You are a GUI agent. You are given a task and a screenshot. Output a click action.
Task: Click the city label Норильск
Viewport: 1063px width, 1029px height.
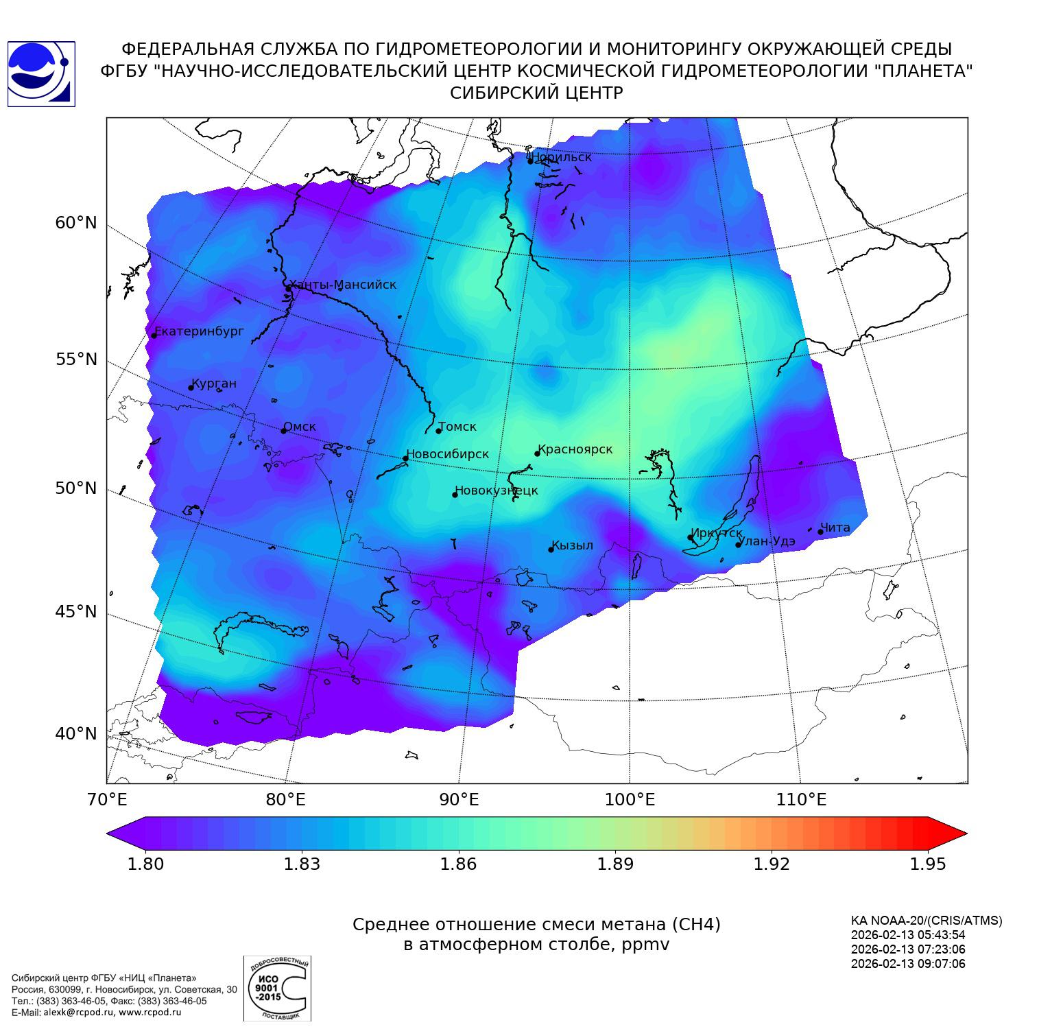562,157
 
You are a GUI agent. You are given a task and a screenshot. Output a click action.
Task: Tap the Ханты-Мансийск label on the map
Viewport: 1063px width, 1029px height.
343,285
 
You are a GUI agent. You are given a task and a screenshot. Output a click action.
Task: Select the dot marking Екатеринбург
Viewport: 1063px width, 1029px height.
154,335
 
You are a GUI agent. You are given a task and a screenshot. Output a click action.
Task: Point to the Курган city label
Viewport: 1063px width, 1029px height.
214,383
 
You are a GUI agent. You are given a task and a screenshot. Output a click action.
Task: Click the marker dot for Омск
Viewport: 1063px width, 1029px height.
283,431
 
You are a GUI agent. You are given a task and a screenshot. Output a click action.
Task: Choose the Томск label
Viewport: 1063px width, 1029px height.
457,427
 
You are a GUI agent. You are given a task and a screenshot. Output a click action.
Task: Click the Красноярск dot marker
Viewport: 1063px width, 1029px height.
537,453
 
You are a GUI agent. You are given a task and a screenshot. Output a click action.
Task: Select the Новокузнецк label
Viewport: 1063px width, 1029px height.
497,490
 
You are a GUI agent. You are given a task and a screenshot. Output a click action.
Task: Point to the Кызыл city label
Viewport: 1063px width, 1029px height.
573,545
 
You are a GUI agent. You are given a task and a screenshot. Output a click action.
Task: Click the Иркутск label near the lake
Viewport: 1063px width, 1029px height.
717,533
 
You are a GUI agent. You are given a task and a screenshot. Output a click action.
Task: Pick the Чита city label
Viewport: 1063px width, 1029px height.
835,528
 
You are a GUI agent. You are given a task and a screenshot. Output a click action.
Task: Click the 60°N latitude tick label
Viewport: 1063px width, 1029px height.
76,223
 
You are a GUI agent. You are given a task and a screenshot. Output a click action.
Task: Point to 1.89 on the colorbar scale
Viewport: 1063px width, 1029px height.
615,864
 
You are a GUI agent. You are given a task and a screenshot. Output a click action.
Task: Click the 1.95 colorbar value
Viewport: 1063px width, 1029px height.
928,864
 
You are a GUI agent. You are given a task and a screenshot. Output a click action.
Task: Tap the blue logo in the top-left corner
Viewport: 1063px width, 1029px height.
41,74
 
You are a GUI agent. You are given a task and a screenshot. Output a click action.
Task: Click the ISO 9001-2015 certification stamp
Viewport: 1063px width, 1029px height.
277,988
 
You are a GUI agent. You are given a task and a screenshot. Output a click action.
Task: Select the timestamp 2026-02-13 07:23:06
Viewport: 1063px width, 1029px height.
908,949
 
